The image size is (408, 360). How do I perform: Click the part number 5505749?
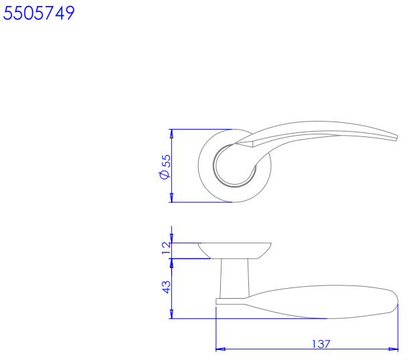(x=39, y=13)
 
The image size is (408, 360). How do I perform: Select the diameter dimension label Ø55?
(x=165, y=167)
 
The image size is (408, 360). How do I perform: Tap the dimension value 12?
(x=166, y=248)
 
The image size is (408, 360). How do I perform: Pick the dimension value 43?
(x=166, y=287)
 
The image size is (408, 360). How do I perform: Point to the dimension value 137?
(x=321, y=344)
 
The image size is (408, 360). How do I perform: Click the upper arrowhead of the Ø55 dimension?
(x=171, y=134)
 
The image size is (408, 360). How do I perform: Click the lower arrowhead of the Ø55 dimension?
(x=171, y=197)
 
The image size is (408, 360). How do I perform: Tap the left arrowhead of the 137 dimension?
(x=221, y=349)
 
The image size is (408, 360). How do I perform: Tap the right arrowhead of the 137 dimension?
(x=393, y=349)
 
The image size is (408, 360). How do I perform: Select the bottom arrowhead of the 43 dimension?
(x=171, y=314)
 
